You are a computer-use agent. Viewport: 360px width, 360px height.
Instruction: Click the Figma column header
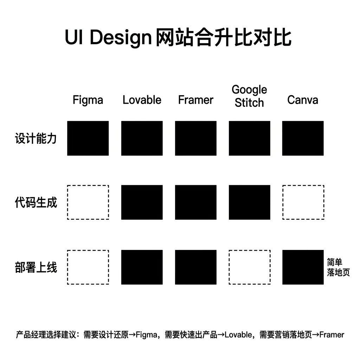88,100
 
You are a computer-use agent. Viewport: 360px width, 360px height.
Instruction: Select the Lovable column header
142,100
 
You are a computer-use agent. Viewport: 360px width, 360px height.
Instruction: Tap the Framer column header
195,100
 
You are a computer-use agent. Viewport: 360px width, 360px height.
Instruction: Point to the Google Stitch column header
249,96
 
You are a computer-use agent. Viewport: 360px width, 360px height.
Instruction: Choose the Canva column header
303,100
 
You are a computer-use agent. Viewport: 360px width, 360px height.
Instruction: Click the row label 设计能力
36,139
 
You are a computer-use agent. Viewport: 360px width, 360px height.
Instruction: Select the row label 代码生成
36,203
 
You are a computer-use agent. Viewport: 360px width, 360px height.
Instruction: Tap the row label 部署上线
36,268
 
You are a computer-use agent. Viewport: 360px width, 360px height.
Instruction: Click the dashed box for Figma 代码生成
88,202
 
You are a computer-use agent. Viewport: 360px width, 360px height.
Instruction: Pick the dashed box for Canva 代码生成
303,202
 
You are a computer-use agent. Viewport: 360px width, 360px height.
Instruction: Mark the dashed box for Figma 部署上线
88,267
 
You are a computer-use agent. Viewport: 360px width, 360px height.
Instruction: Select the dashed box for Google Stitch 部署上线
250,267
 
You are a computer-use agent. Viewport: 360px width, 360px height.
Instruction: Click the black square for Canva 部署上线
303,267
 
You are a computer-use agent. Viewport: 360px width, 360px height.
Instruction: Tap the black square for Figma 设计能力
88,138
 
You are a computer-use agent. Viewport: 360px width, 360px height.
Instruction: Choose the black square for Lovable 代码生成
142,202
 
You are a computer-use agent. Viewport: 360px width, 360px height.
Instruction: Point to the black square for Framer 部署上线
196,267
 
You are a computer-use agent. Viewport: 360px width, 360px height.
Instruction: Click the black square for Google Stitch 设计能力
250,138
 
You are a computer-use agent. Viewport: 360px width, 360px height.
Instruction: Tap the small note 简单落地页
338,268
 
